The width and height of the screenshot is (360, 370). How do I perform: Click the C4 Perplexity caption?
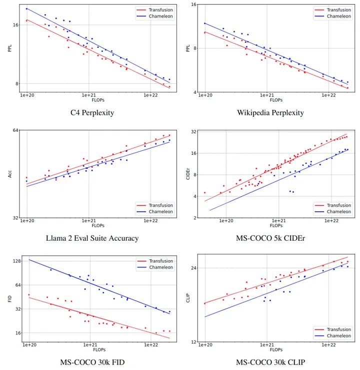(92, 112)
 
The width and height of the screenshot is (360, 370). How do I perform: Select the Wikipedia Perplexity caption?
(270, 112)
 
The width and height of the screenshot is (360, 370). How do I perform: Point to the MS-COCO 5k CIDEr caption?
(270, 238)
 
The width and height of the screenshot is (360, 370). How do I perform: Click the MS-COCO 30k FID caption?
(92, 362)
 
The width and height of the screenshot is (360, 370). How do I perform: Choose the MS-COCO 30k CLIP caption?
(270, 362)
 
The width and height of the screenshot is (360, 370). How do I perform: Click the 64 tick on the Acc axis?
(15, 130)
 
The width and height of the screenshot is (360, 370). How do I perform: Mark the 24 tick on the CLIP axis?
(194, 268)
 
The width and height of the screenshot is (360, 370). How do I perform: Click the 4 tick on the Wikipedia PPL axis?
(195, 92)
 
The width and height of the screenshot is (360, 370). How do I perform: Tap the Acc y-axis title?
(9, 174)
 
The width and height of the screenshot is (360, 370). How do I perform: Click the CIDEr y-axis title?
(187, 174)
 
